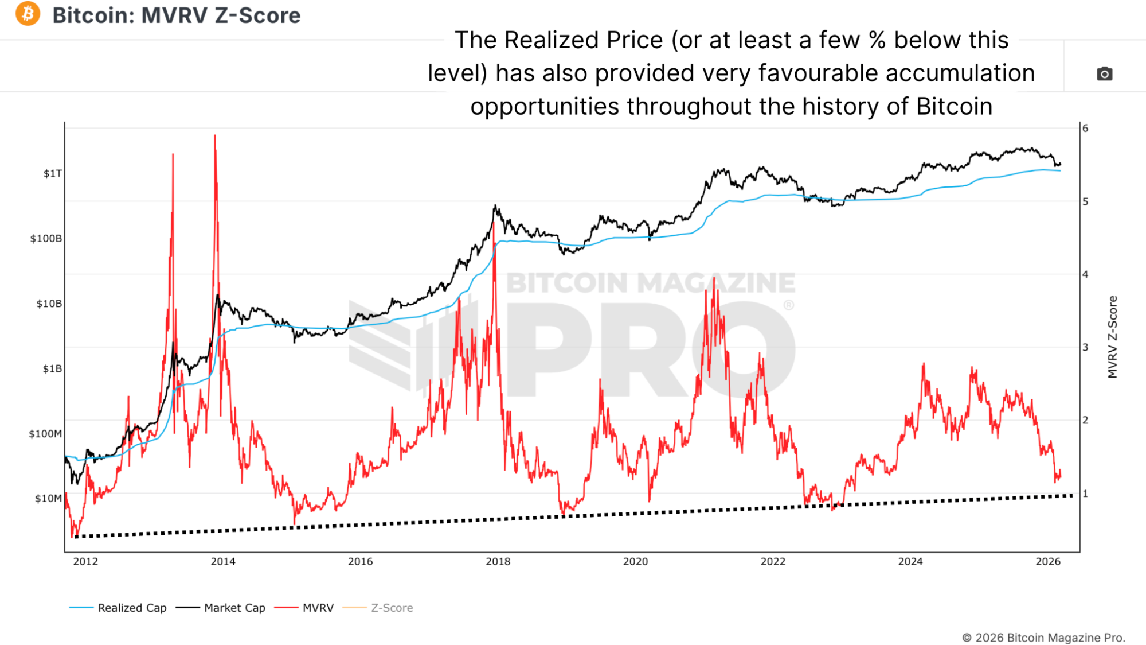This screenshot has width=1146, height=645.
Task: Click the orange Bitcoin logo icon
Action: tap(28, 14)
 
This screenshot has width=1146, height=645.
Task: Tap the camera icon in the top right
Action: tap(1104, 74)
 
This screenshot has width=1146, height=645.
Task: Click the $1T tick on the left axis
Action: tap(52, 173)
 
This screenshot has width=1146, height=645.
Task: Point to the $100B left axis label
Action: tap(46, 238)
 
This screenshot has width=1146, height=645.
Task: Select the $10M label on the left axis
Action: tap(48, 498)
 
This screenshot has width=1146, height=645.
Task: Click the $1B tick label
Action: tap(52, 368)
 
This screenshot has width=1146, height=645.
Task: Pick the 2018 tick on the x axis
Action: tap(498, 561)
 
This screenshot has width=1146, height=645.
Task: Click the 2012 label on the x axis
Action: tap(85, 561)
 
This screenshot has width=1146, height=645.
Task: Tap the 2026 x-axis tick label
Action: tap(1047, 561)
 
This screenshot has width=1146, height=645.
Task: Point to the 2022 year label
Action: tap(773, 561)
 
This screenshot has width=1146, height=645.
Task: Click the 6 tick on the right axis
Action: tap(1085, 128)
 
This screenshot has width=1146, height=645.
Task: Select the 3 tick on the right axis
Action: tap(1085, 347)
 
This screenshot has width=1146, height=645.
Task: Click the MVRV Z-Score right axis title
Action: tap(1113, 337)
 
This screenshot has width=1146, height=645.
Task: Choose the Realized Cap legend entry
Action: tap(132, 608)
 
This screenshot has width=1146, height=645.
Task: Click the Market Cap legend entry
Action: tap(234, 608)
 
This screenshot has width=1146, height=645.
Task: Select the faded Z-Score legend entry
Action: tap(392, 608)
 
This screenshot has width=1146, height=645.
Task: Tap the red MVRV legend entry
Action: tap(318, 608)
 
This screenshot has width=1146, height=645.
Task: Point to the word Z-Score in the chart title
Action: tap(257, 15)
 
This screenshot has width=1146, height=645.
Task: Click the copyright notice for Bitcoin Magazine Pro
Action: tap(1043, 638)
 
